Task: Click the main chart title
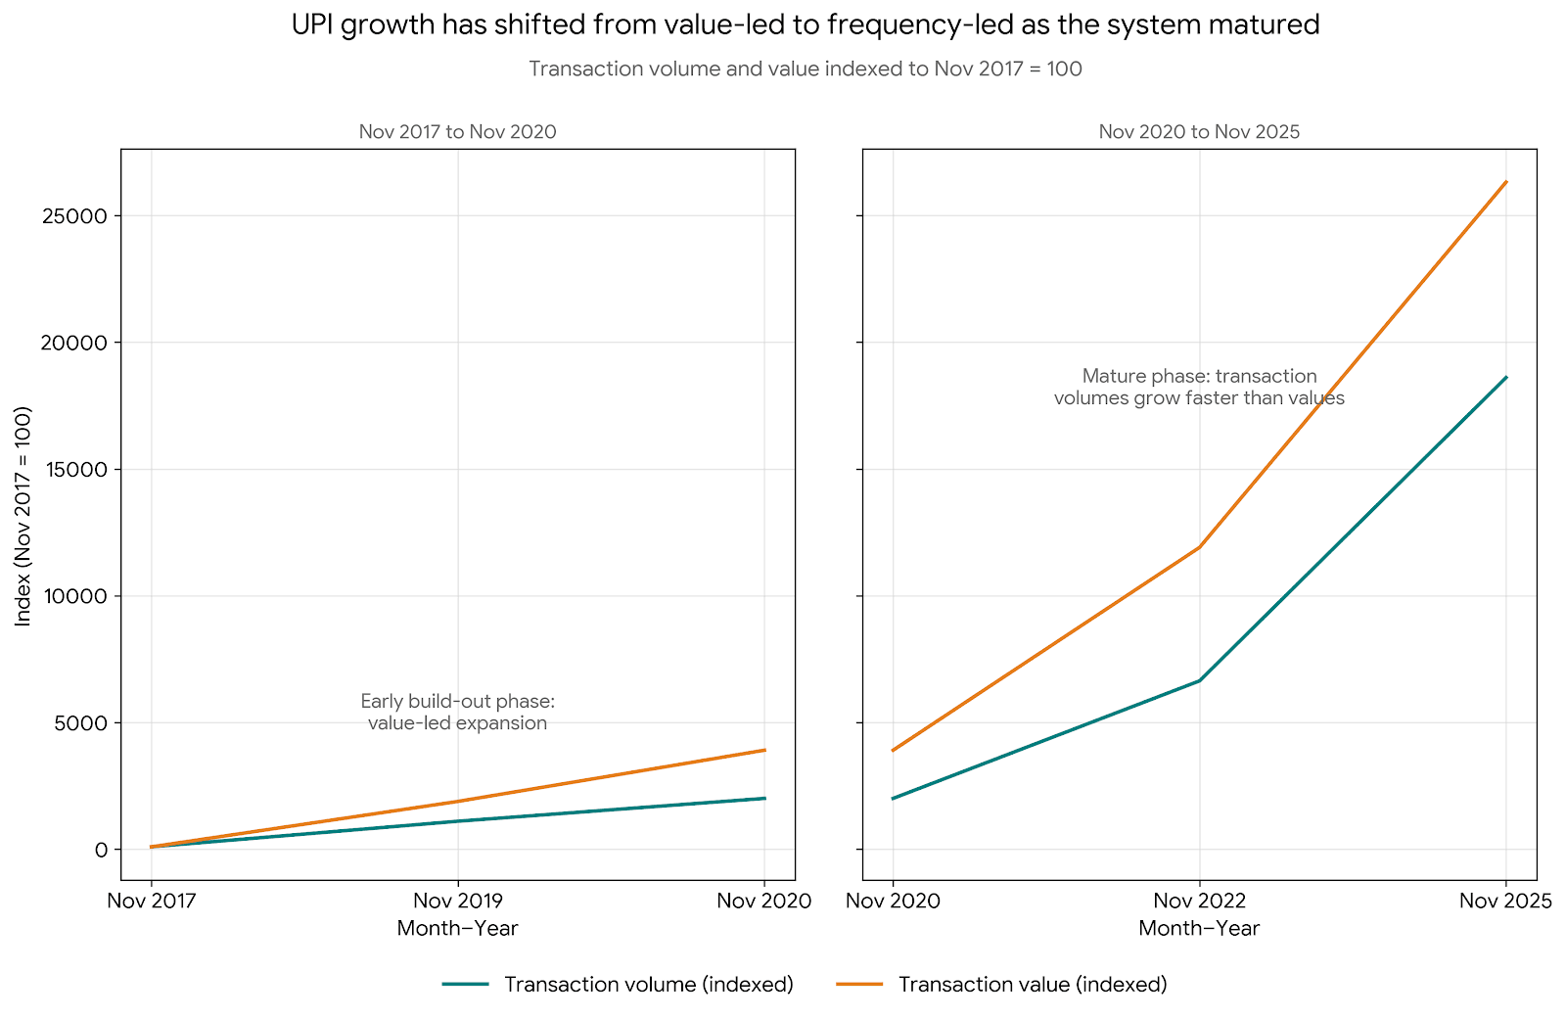click(x=805, y=25)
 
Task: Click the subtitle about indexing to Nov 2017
click(x=805, y=69)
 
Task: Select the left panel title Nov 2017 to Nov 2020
click(x=457, y=132)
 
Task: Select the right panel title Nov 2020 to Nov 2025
click(x=1199, y=132)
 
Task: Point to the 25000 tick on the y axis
click(x=73, y=216)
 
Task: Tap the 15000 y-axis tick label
click(x=73, y=470)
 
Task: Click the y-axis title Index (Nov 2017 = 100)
click(x=24, y=516)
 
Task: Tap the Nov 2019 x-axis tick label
click(x=457, y=901)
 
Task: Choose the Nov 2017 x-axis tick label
click(x=151, y=901)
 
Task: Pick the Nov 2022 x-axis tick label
click(x=1199, y=901)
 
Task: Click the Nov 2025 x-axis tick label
click(x=1505, y=901)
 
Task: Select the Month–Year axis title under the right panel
click(x=1199, y=928)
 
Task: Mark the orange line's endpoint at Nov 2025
click(x=1506, y=182)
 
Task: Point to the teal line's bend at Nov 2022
click(x=1199, y=680)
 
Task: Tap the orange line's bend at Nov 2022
click(x=1199, y=547)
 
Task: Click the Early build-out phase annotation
click(x=457, y=713)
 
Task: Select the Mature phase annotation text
click(x=1199, y=387)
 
